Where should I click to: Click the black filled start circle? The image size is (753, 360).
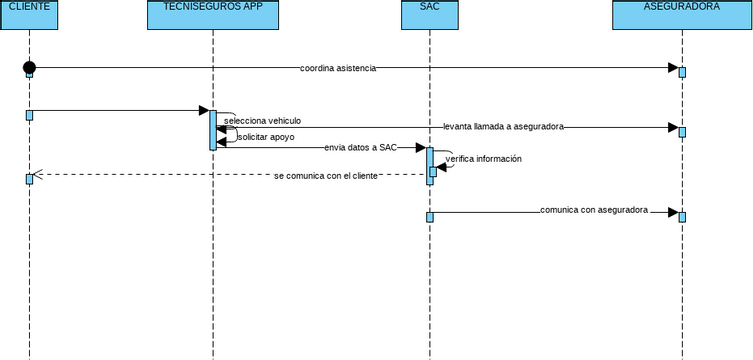[x=29, y=67]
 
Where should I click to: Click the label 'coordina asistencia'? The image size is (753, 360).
[x=338, y=68]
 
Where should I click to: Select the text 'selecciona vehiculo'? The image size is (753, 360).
[x=262, y=121]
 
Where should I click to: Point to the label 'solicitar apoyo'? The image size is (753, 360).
[x=266, y=137]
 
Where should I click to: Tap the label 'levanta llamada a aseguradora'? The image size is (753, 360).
[x=503, y=127]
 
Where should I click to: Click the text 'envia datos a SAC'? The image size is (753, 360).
[x=360, y=147]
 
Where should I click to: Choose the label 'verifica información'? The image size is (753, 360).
[x=483, y=158]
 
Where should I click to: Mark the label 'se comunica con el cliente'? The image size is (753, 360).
[x=326, y=175]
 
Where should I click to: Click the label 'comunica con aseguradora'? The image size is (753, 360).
[x=594, y=211]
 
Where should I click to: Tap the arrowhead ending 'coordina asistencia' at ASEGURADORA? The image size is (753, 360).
[x=672, y=67]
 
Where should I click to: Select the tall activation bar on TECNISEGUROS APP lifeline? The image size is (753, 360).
[x=212, y=129]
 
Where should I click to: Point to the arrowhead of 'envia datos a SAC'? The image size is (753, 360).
[x=420, y=147]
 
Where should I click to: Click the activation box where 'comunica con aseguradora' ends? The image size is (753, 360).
[x=682, y=216]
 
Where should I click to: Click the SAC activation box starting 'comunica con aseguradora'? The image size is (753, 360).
[x=430, y=216]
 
